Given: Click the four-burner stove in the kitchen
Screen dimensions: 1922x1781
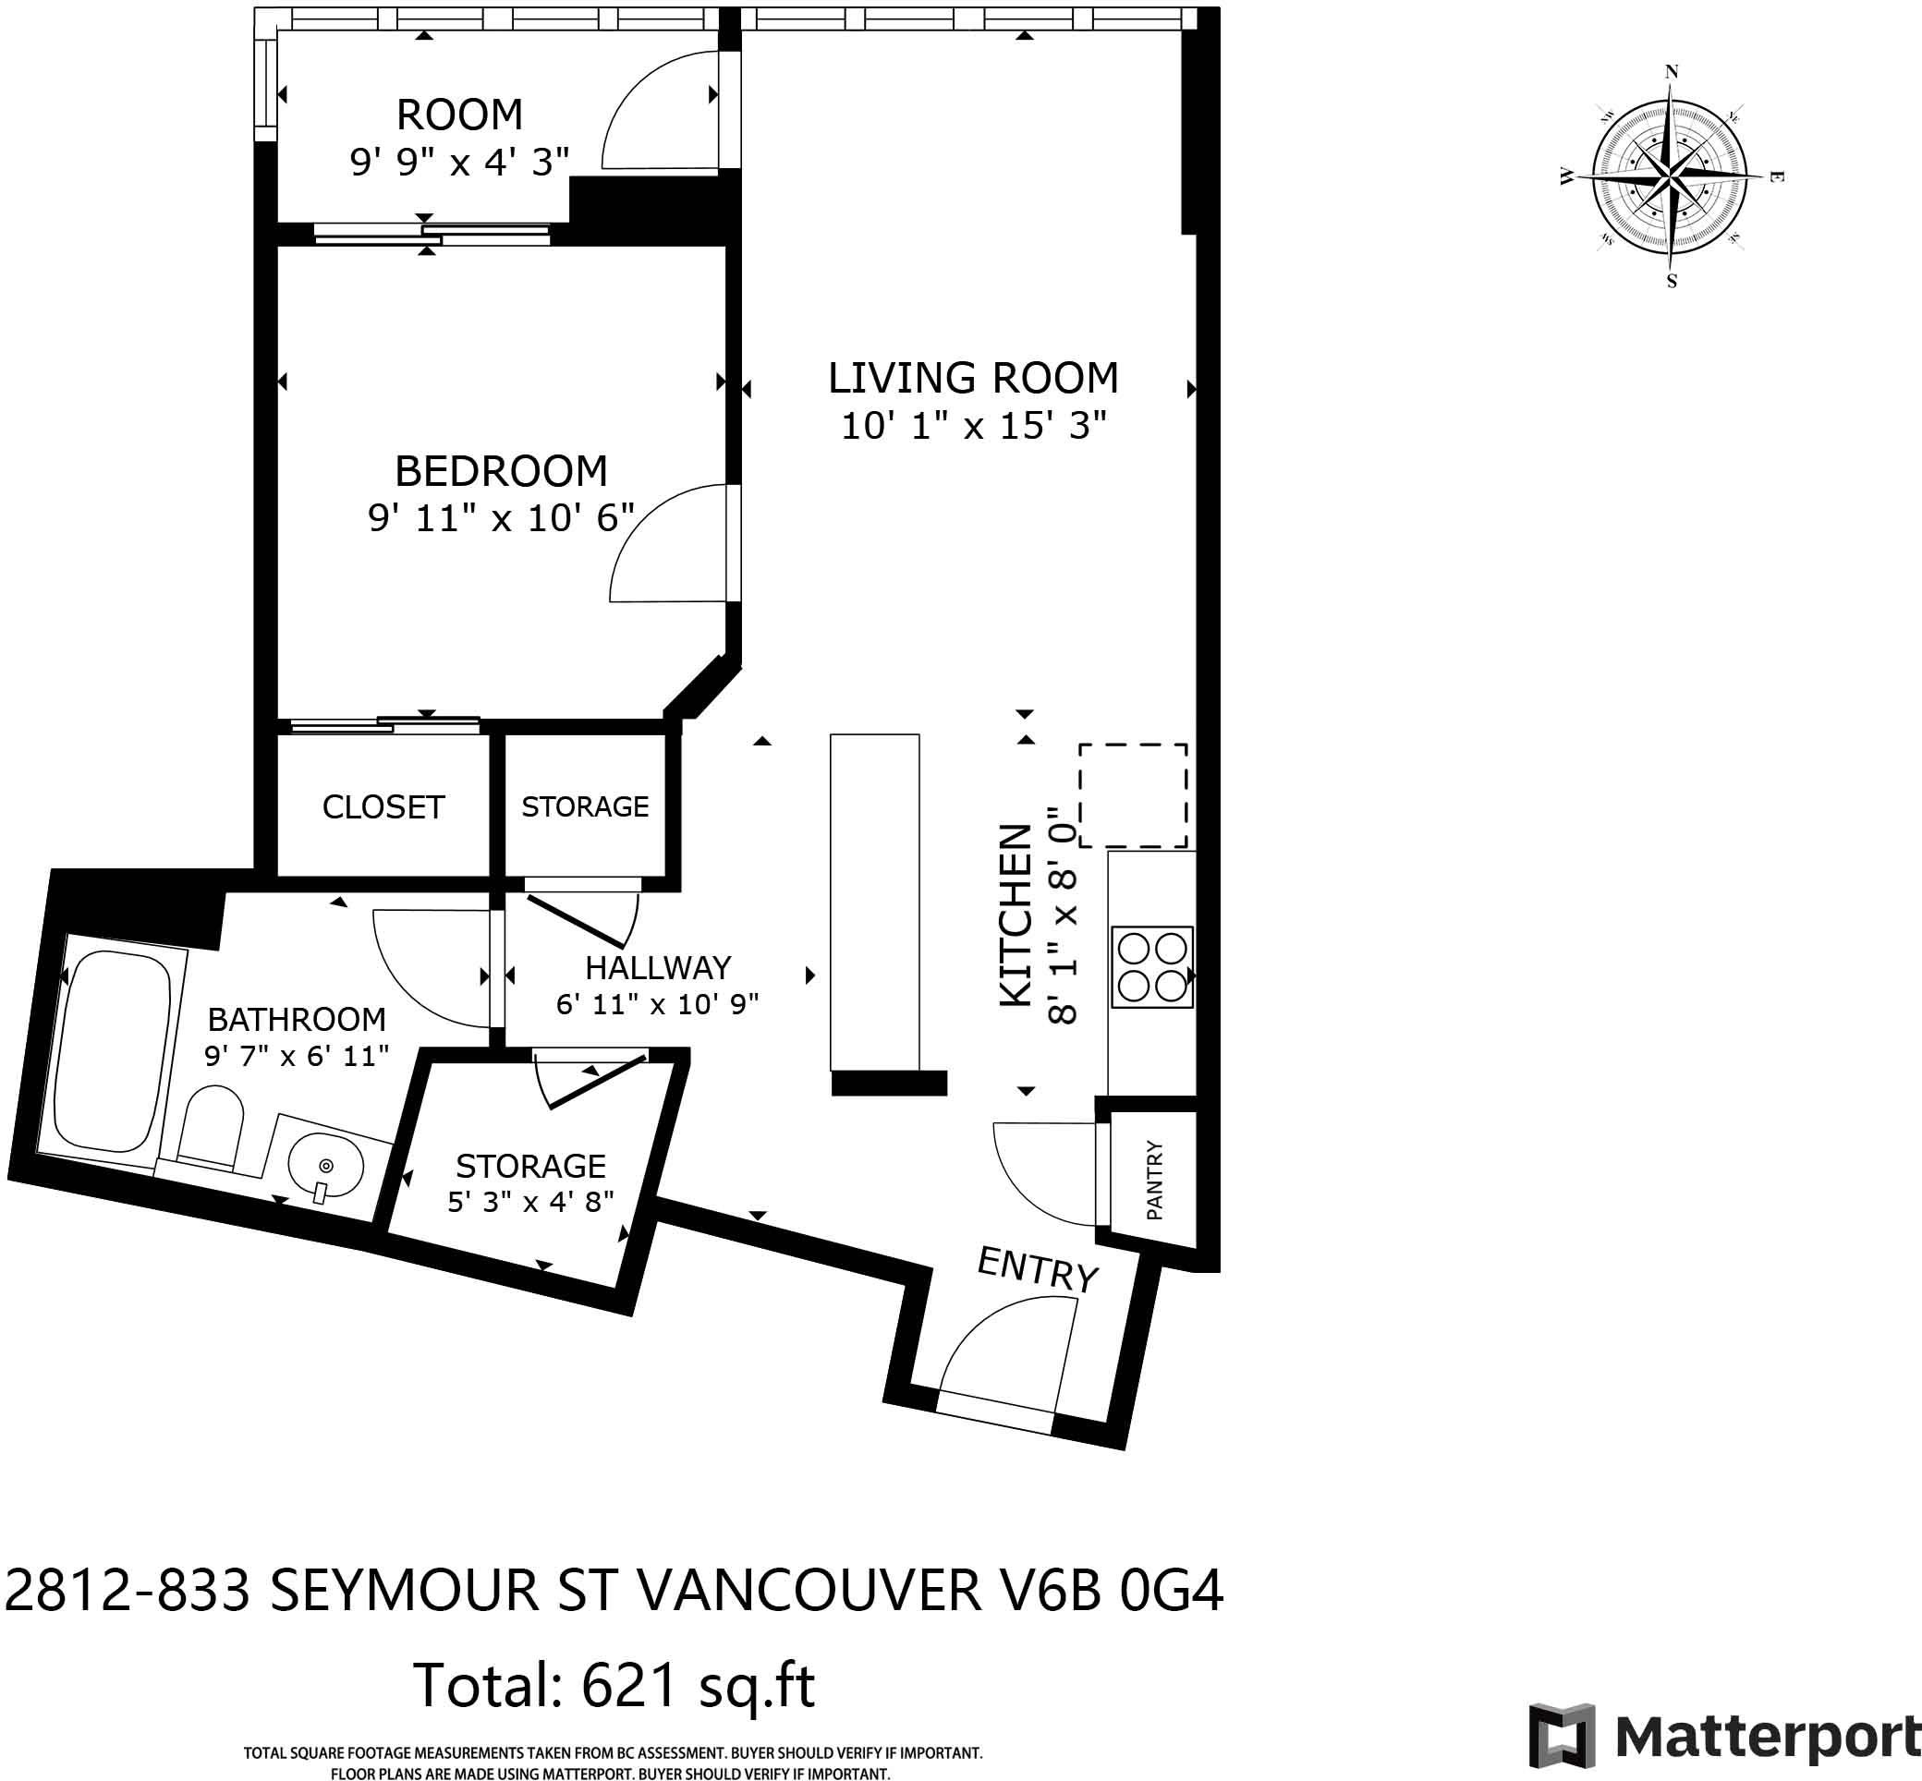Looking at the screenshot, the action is pyautogui.click(x=1152, y=966).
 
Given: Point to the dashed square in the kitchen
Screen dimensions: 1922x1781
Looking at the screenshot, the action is pyautogui.click(x=1133, y=795).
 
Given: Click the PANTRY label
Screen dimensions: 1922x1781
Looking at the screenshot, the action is pyautogui.click(x=1155, y=1180).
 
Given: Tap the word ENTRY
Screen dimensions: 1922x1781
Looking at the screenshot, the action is pyautogui.click(x=1038, y=1269).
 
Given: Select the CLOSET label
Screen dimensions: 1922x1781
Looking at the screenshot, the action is pyautogui.click(x=383, y=806).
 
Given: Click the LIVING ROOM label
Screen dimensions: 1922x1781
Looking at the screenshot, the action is pyautogui.click(x=974, y=378).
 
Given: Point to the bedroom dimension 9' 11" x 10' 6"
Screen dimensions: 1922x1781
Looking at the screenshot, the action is pyautogui.click(x=501, y=518).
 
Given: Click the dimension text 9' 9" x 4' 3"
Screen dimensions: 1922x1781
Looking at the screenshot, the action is pyautogui.click(x=459, y=161).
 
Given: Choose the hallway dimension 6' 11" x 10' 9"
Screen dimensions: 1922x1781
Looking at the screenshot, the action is pyautogui.click(x=657, y=1004).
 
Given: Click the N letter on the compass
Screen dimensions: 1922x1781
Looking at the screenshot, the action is pyautogui.click(x=1673, y=71).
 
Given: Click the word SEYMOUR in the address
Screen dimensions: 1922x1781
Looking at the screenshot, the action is pyautogui.click(x=404, y=1590).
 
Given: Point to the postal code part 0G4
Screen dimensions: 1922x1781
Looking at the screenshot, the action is pyautogui.click(x=1170, y=1590).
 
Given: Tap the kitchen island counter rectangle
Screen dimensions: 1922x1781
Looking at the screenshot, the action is pyautogui.click(x=874, y=903).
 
